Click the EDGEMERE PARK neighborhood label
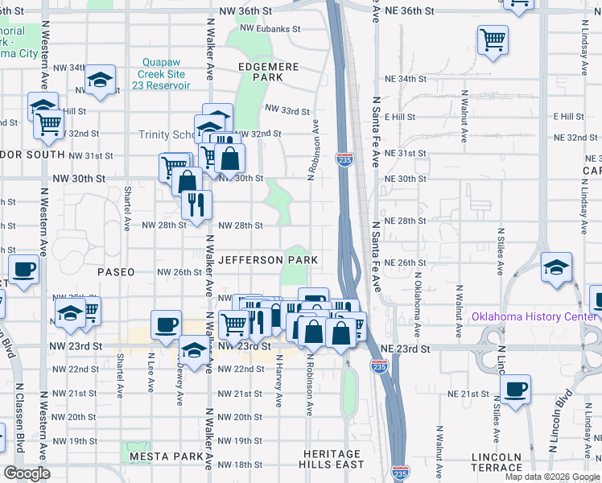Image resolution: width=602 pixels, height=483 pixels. pyautogui.click(x=268, y=72)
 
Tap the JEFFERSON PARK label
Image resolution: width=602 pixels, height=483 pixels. pyautogui.click(x=268, y=260)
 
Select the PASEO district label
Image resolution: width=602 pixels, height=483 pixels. pyautogui.click(x=116, y=272)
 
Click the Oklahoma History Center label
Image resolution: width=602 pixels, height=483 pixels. pyautogui.click(x=534, y=316)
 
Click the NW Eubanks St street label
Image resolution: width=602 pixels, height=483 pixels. pyautogui.click(x=269, y=29)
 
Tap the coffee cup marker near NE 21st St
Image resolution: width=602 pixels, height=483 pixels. pyautogui.click(x=515, y=389)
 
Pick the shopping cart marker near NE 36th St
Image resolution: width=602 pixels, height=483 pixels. pyautogui.click(x=493, y=38)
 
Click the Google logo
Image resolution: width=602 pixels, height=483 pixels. pyautogui.click(x=27, y=473)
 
